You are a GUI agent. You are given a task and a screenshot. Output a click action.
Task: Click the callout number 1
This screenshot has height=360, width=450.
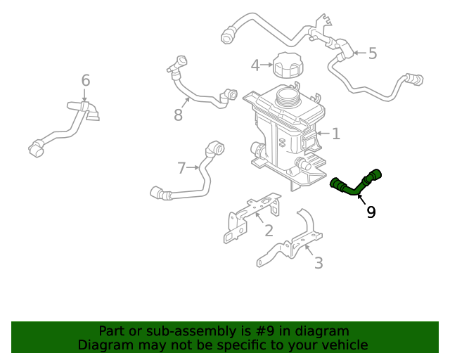[336, 133]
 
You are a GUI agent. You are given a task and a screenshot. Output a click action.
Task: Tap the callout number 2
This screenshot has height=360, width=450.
[269, 231]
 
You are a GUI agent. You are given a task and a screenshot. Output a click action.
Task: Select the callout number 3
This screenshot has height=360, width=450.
[319, 263]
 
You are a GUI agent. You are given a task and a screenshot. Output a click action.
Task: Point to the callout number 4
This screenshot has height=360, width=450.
[256, 65]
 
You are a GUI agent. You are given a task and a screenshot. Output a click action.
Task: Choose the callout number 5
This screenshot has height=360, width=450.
[373, 53]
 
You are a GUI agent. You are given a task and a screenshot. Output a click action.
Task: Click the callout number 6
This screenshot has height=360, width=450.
[85, 81]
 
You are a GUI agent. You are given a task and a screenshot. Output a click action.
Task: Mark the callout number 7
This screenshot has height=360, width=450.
[181, 167]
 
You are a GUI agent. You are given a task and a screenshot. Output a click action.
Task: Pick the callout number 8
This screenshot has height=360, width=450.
[178, 115]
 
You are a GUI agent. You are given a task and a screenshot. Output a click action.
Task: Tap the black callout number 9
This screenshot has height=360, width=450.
[371, 212]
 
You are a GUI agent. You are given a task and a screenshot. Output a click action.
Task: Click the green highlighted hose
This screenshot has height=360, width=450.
[355, 185]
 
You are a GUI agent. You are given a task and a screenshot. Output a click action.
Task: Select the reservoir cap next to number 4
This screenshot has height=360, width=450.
[287, 66]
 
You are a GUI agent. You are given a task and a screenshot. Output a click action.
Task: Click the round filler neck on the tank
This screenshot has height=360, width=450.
[288, 96]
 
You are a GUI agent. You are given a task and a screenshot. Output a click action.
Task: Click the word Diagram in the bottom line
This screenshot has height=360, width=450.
[103, 345]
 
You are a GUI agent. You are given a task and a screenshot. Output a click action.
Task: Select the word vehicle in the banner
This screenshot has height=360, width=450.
[344, 345]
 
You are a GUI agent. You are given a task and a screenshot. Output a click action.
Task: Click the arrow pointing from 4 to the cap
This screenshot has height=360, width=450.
[267, 65]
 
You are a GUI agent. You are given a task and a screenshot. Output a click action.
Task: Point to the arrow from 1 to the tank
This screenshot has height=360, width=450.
[323, 133]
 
